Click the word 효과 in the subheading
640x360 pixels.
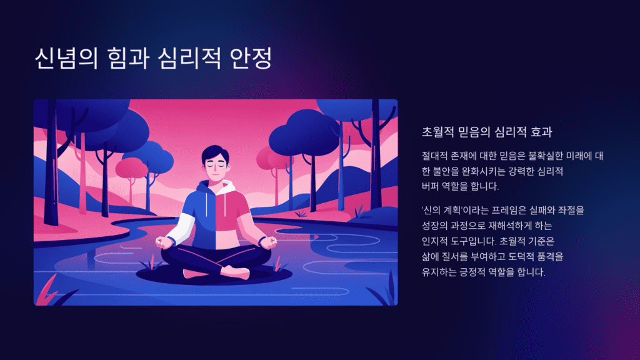pyautogui.click(x=542, y=132)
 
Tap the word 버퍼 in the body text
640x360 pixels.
pyautogui.click(x=434, y=186)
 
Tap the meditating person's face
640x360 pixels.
pyautogui.click(x=216, y=166)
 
